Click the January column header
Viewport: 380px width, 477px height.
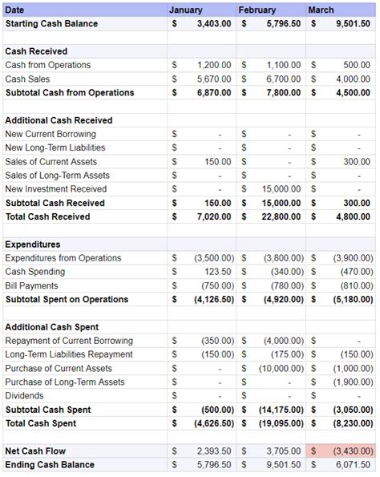[x=187, y=10]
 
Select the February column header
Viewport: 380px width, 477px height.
[x=257, y=10]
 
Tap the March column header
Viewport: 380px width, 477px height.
[x=321, y=10]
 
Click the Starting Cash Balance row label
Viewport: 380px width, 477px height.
[x=51, y=23]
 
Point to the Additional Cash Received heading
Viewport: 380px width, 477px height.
[x=59, y=120]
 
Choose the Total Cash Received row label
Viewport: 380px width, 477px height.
[x=47, y=216]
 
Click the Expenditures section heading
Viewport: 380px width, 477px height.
[x=33, y=245]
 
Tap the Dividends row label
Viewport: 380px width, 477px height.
[x=26, y=396]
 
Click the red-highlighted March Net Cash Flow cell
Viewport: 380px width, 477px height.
[x=340, y=451]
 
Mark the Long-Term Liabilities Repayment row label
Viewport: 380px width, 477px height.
[x=69, y=354]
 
